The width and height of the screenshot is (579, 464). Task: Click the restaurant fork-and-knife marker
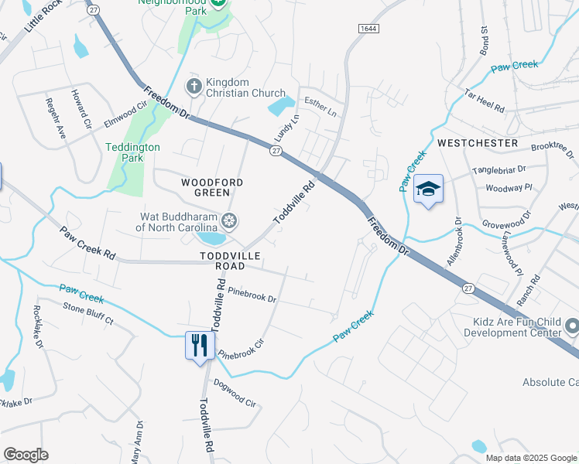pos(200,344)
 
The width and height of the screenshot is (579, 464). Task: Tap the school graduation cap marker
pos(427,189)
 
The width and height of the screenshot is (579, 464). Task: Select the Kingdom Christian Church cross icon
pos(194,86)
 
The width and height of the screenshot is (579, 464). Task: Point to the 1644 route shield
pos(368,29)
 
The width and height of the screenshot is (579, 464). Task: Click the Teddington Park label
pos(133,152)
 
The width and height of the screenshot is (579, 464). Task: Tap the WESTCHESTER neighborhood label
pos(477,143)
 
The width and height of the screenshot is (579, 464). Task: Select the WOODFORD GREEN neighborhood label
pos(212,187)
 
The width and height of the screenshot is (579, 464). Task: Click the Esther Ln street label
pos(320,106)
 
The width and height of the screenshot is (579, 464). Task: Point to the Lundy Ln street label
pos(286,128)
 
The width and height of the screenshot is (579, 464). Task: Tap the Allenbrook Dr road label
pos(453,242)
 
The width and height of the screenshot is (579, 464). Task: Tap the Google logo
pos(26,455)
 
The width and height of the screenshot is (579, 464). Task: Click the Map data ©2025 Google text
pos(529,458)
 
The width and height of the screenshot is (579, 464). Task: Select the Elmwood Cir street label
pos(125,114)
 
